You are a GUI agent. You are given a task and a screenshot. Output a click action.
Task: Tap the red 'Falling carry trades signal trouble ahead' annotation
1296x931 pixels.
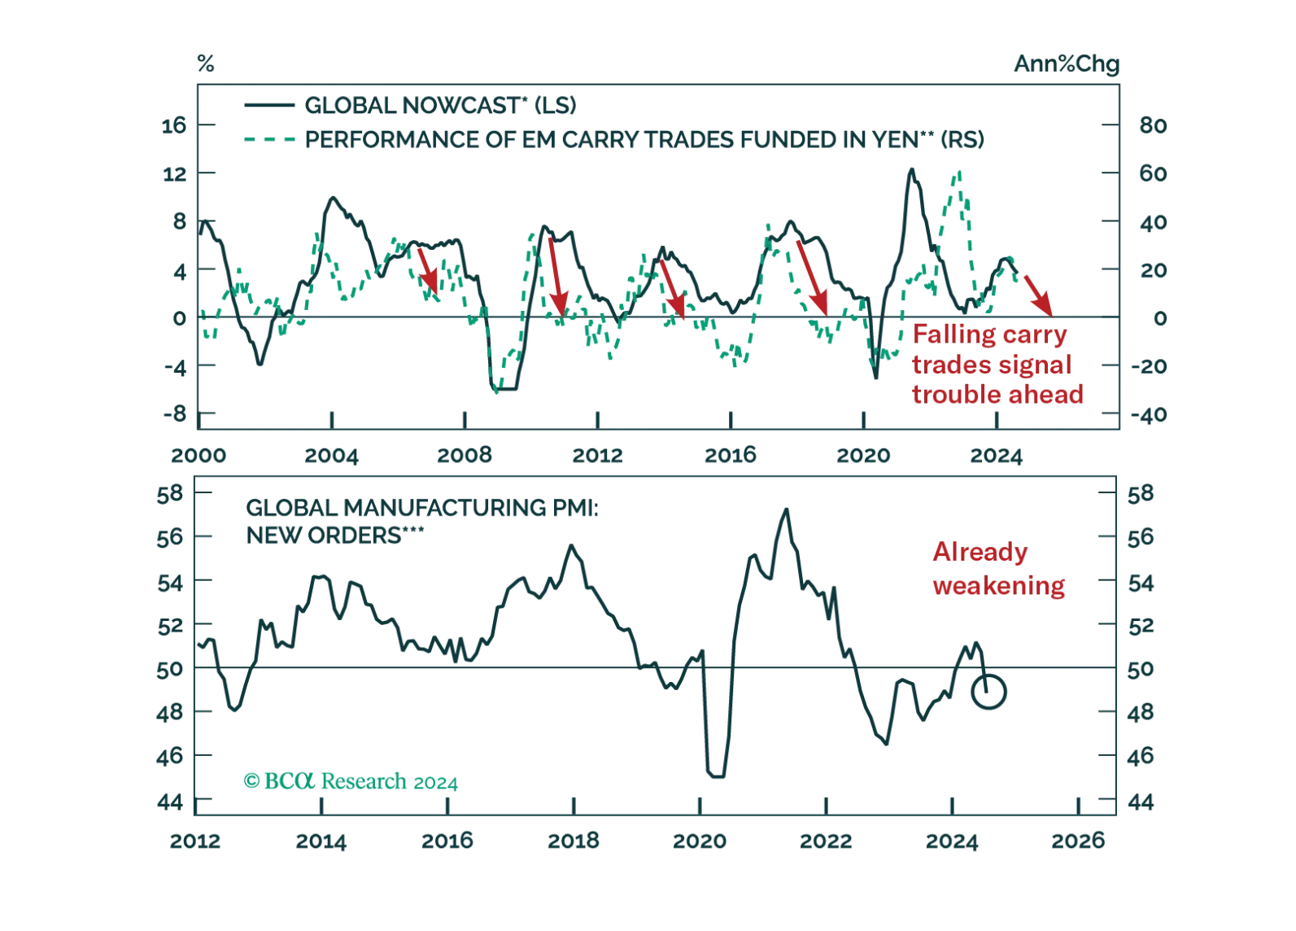(998, 364)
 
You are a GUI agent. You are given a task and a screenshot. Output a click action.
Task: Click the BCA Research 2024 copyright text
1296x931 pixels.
(351, 782)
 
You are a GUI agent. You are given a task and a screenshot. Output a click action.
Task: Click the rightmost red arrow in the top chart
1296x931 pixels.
(1038, 295)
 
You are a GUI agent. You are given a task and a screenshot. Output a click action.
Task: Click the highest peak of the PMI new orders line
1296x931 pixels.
(786, 505)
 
